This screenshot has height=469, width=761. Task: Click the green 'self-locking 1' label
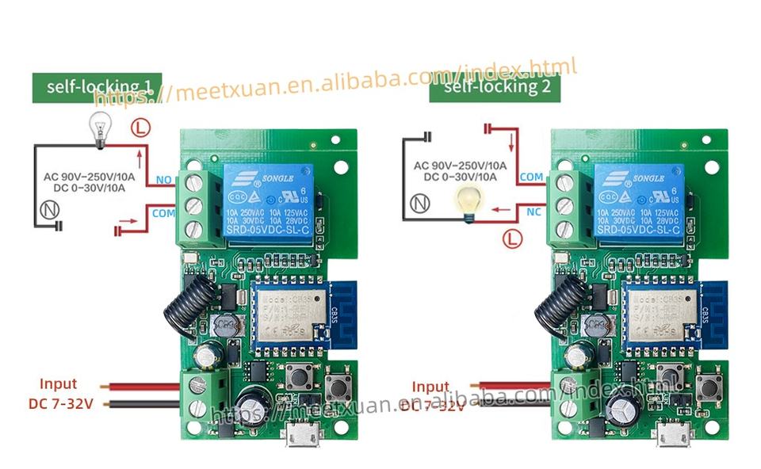pyautogui.click(x=97, y=87)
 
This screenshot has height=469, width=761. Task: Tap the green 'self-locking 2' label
pyautogui.click(x=495, y=86)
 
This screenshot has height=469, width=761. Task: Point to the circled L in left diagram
pyautogui.click(x=140, y=127)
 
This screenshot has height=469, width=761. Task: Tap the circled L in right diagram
pyautogui.click(x=512, y=236)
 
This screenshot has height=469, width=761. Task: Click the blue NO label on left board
pyautogui.click(x=165, y=180)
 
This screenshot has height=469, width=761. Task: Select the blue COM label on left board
pyautogui.click(x=163, y=213)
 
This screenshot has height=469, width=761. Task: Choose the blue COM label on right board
pyautogui.click(x=531, y=177)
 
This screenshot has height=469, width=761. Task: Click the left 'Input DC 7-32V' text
pyautogui.click(x=59, y=394)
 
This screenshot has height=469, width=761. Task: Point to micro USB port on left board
pyautogui.click(x=299, y=433)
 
